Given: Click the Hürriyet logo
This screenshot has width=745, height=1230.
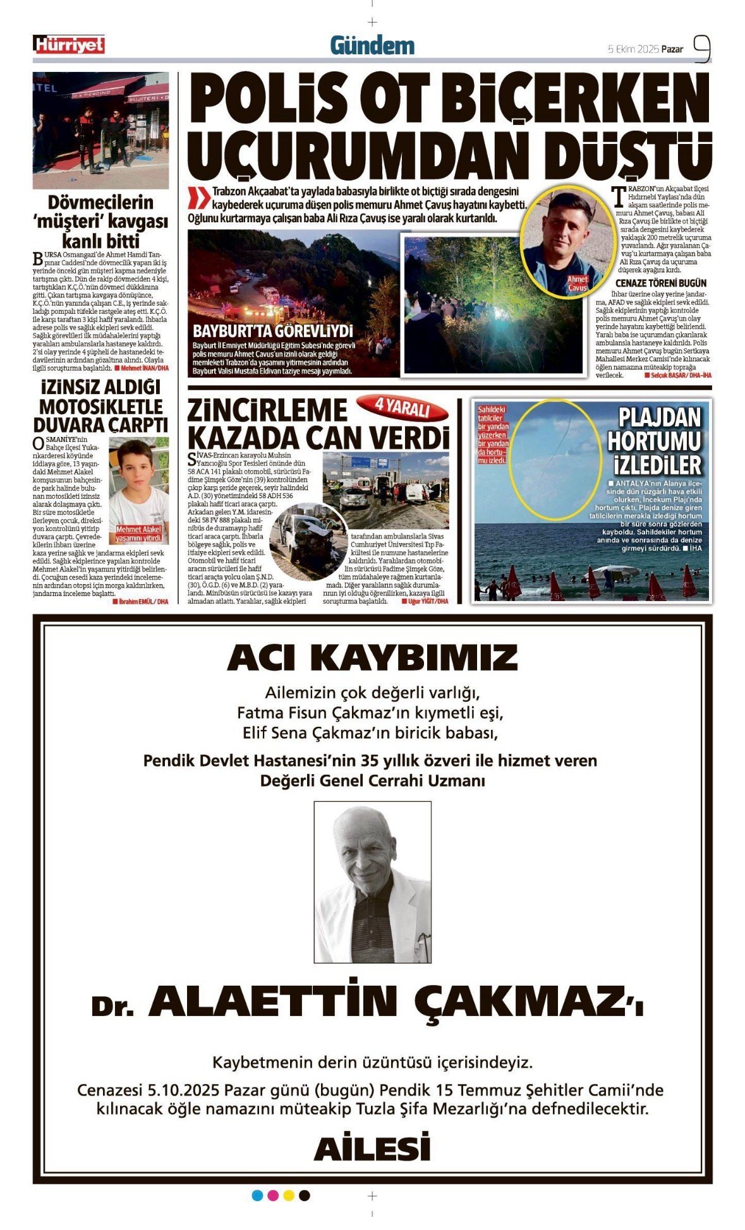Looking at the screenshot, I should (69, 45).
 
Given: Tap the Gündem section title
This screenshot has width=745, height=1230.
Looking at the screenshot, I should (372, 45).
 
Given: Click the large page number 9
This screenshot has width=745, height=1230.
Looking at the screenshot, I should (702, 48).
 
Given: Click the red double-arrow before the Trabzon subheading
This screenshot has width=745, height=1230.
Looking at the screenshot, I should (199, 198).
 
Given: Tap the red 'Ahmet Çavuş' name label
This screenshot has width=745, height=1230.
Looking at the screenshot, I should (578, 283).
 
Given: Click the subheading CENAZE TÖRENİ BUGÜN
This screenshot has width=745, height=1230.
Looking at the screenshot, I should (661, 283).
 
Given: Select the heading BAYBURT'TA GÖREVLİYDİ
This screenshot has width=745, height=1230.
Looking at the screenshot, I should (273, 331).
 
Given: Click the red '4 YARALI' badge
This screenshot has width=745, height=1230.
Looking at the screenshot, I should (403, 408).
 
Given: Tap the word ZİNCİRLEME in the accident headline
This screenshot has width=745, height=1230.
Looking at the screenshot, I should (267, 410).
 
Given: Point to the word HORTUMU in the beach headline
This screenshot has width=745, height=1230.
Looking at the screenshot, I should (654, 441).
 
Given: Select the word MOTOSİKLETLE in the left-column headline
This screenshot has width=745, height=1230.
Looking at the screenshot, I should (101, 406).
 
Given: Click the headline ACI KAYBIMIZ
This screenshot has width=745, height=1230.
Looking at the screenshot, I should (372, 657).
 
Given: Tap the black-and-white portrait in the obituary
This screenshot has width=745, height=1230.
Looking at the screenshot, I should (372, 881).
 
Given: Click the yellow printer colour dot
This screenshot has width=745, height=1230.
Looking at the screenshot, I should (289, 1195).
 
